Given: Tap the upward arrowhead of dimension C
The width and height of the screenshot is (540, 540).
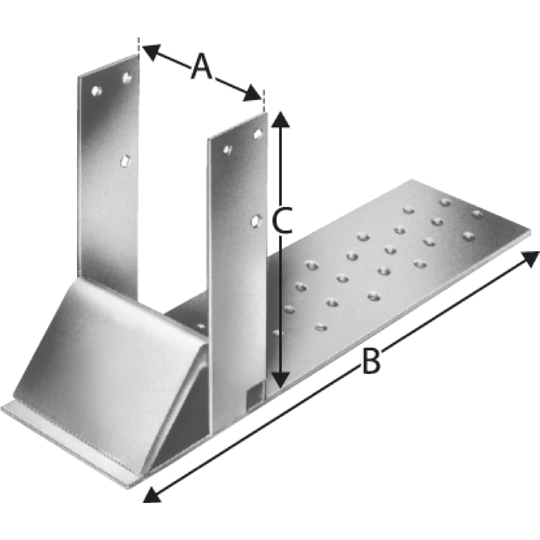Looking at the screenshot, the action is pos(280,119).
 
